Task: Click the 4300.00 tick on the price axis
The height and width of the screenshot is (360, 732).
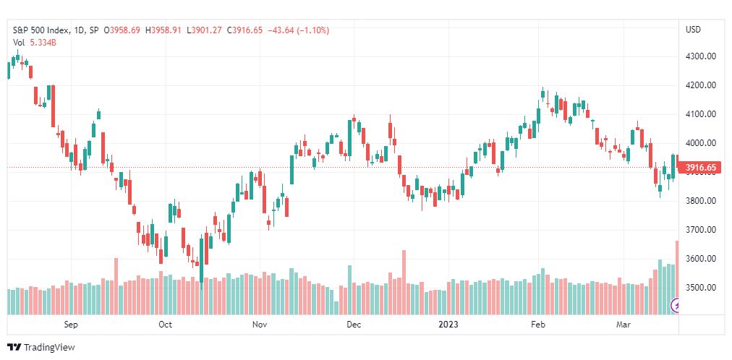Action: tap(701, 56)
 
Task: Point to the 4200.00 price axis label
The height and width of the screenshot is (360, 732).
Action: tap(701, 85)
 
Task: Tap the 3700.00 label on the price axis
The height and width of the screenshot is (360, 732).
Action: tap(701, 229)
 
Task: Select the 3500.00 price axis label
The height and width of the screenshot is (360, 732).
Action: tap(701, 287)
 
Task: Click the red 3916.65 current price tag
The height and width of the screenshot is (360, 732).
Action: tap(700, 168)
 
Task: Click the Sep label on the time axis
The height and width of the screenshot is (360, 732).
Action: tap(70, 325)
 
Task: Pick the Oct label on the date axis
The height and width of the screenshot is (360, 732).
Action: tap(165, 325)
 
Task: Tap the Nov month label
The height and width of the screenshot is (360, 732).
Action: tap(260, 325)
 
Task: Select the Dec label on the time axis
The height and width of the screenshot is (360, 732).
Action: tap(354, 325)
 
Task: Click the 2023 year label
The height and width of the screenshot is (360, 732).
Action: tap(449, 325)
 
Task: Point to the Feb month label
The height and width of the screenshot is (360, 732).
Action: tap(539, 325)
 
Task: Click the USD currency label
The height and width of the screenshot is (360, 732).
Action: tap(693, 30)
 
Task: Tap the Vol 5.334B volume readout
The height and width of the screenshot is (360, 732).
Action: tap(35, 43)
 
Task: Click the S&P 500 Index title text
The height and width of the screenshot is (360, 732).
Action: tap(41, 30)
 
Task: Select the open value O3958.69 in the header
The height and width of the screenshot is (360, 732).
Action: tap(122, 30)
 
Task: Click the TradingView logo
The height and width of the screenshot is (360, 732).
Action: tap(41, 348)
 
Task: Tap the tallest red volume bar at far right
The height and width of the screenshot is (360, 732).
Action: tap(677, 278)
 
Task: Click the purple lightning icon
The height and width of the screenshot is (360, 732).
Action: tap(676, 306)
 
